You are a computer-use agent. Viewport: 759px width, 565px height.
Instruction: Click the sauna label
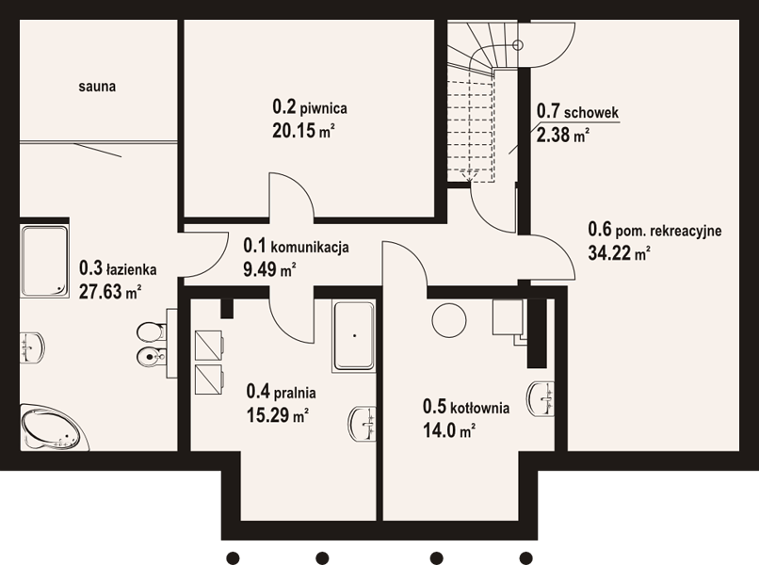coord(97,87)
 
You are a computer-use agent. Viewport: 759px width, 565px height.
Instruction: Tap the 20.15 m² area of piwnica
coord(304,130)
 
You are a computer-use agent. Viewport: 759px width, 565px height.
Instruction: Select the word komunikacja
coord(310,248)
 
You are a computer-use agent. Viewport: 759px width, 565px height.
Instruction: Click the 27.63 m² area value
coord(110,292)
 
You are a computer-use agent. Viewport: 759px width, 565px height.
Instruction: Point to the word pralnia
coord(295,392)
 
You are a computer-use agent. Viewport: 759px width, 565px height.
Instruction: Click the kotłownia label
coord(479,408)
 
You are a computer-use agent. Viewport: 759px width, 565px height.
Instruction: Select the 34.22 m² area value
coord(619,252)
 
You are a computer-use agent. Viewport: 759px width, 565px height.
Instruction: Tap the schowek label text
coord(591,112)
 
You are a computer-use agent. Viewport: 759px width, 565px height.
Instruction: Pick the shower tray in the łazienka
coord(44,261)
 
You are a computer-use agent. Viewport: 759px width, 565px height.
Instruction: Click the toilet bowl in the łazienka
coord(150,332)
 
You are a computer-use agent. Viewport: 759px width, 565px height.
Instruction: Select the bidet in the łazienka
coord(151,358)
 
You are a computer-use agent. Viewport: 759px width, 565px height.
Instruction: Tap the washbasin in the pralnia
coord(362,424)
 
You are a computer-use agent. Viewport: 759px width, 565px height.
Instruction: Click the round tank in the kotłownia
coord(449,320)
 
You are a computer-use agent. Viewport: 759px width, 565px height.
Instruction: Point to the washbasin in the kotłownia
coord(541,398)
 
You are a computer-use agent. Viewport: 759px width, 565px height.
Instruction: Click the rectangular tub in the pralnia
coord(354,336)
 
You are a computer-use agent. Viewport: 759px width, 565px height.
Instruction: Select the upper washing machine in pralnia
coord(209,346)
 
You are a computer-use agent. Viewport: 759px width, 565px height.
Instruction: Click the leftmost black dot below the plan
coord(233,557)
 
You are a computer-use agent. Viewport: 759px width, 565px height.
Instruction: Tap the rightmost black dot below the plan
coord(526,557)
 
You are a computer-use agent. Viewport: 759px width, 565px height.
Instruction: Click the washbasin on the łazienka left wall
coord(32,347)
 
